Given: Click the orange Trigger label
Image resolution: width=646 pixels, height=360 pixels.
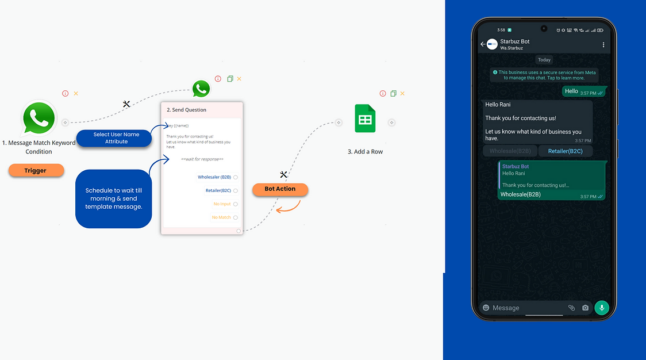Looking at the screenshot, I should pos(36,170).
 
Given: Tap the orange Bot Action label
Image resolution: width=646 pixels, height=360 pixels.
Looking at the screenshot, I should pos(280,189).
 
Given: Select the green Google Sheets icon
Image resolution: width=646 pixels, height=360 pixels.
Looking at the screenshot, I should pos(365,119).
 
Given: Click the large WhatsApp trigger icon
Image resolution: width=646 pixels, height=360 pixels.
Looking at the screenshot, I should pos(39,118).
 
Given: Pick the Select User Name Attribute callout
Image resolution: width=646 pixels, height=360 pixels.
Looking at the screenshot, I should pos(116,138).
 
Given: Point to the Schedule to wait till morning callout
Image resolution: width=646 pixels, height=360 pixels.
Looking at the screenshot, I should pos(114,198).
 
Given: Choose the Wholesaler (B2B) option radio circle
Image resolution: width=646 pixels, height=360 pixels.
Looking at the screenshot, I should pos(236,177).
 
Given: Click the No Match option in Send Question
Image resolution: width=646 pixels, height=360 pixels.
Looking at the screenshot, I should pos(221,217).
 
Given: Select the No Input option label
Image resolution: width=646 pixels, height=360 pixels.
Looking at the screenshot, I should pos(222,204).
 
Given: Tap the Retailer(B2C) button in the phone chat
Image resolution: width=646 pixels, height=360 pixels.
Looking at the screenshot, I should pos(565,151).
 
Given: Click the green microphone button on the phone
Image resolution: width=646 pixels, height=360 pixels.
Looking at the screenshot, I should pos(602,308).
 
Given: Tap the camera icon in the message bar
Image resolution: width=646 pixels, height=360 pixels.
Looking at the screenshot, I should pos(585,308).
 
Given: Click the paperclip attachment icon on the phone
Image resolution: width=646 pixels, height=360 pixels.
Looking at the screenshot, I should pos(571,308).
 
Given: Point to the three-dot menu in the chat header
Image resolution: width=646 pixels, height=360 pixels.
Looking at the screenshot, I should pos(603,44).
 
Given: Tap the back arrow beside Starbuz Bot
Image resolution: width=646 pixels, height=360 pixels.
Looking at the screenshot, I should pos(483,44).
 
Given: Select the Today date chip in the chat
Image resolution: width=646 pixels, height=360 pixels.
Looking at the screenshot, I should pos(544,60).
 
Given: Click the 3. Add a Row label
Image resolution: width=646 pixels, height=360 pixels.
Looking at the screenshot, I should pos(365,152).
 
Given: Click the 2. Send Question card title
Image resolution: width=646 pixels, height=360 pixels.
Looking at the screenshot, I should pos(186,110).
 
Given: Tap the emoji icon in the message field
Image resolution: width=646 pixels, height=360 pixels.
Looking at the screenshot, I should pos(486,308).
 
